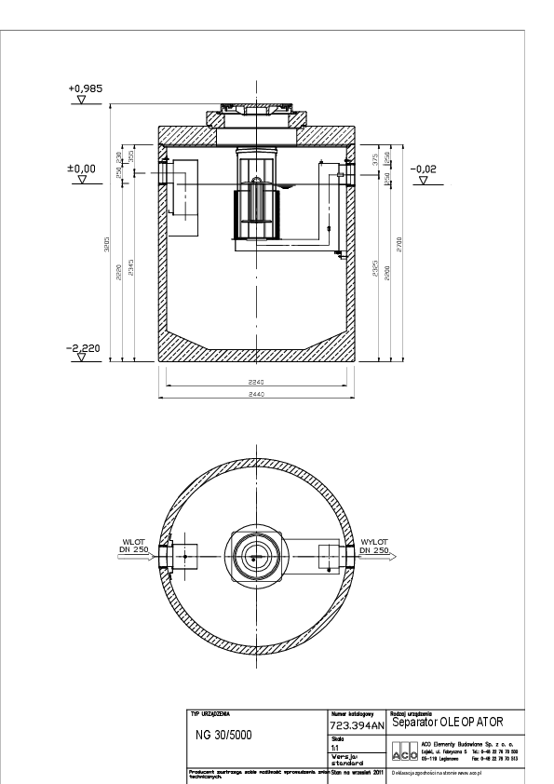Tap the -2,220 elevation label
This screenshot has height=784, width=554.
[x=85, y=348]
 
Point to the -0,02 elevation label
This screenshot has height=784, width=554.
[x=425, y=169]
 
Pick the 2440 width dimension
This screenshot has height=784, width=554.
[x=255, y=395]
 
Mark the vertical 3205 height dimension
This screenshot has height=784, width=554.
[x=108, y=250]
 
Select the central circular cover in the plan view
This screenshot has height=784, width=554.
[x=255, y=556]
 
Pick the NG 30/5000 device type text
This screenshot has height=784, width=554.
[x=226, y=733]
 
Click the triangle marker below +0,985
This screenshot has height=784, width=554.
[x=86, y=100]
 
